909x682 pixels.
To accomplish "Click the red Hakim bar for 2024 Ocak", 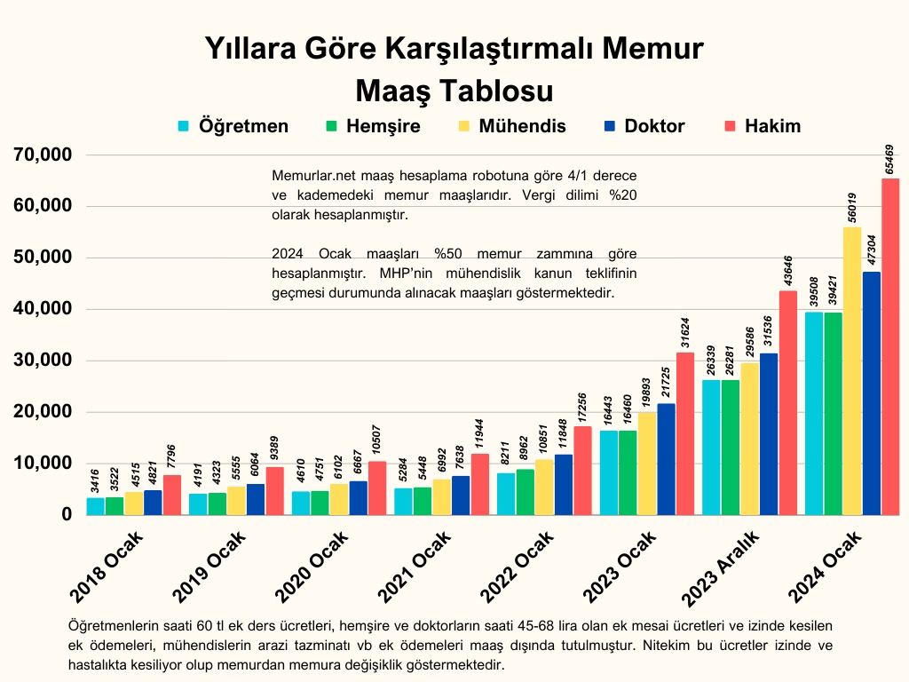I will coord(890,346).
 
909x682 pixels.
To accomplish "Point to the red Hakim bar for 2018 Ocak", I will coord(171,495).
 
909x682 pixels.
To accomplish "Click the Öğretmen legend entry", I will coord(233,126).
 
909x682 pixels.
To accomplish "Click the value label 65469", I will coord(890,152).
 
